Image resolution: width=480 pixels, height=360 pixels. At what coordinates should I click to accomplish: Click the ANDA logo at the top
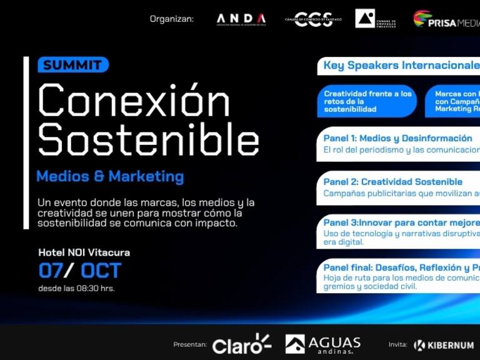[241, 19]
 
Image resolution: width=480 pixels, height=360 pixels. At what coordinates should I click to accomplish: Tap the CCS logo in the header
[313, 19]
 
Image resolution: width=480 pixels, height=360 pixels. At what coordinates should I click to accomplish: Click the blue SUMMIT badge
[73, 64]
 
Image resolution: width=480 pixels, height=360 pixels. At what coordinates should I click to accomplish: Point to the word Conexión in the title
[134, 100]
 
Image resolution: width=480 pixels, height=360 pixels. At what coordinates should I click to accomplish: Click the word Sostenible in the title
[148, 139]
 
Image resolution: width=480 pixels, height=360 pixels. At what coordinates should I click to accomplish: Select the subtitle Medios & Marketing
[110, 176]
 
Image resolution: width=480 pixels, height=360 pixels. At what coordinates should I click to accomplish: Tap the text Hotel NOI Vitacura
[84, 252]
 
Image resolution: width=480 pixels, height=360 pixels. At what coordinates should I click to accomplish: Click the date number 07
[51, 271]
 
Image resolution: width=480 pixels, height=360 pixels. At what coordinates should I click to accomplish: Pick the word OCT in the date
[101, 271]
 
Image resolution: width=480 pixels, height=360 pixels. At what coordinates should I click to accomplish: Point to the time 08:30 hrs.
[94, 288]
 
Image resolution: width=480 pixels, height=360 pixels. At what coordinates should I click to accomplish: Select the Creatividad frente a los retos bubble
[367, 101]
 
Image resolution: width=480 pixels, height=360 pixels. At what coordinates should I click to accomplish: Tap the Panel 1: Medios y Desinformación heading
[397, 138]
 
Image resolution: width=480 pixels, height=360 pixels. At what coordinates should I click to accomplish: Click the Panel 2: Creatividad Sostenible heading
[392, 182]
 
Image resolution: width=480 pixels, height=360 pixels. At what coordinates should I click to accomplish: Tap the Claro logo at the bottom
[241, 344]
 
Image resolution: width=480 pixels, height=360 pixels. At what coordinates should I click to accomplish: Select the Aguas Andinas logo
[323, 344]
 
